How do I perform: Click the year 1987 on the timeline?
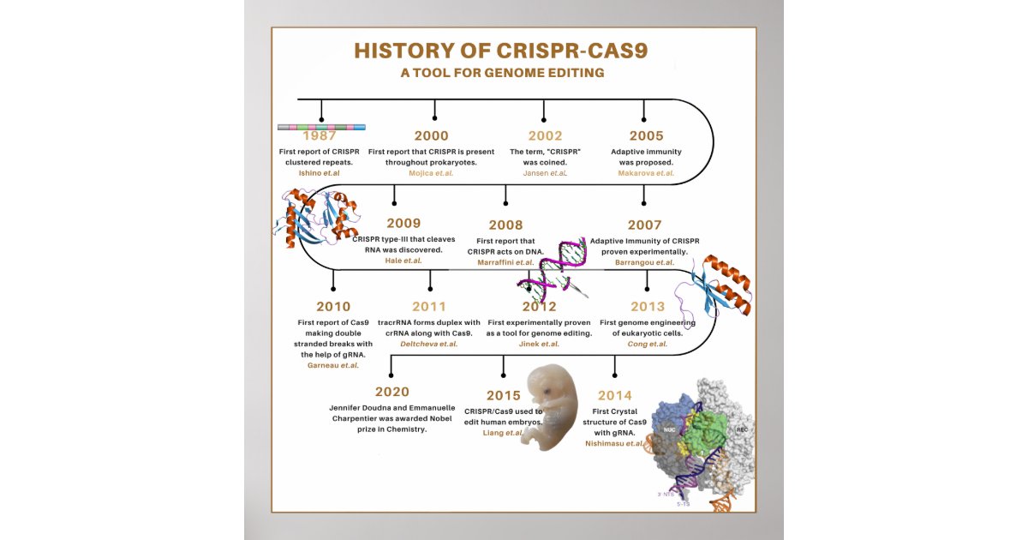320,136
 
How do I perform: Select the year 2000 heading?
431,135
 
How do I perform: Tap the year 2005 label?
646,135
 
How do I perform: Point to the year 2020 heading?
391,392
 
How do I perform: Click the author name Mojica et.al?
431,173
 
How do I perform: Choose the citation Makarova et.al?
646,173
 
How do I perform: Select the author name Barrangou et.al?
644,262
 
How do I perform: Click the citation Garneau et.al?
332,365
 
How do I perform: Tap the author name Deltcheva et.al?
428,344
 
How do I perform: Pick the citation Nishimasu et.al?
614,444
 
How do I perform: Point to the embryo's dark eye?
544,390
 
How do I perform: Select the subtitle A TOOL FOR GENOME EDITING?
502,73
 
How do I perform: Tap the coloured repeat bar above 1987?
321,127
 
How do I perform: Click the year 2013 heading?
647,306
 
